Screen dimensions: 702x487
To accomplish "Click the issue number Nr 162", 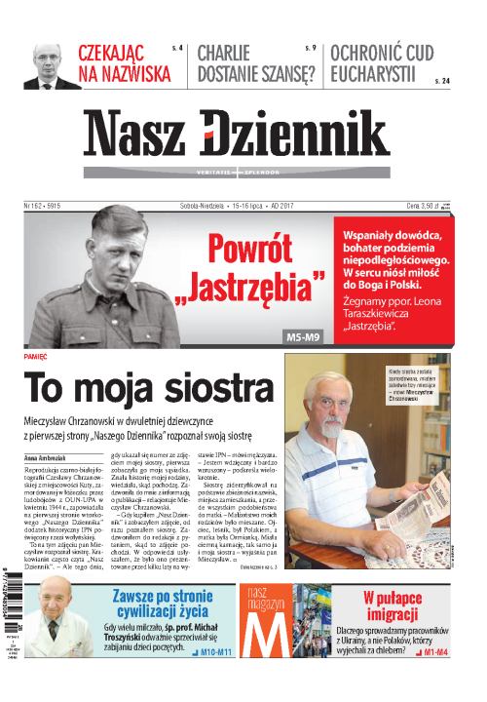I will (43, 207).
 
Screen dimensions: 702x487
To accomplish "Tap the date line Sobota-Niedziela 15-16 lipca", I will (224, 207).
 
